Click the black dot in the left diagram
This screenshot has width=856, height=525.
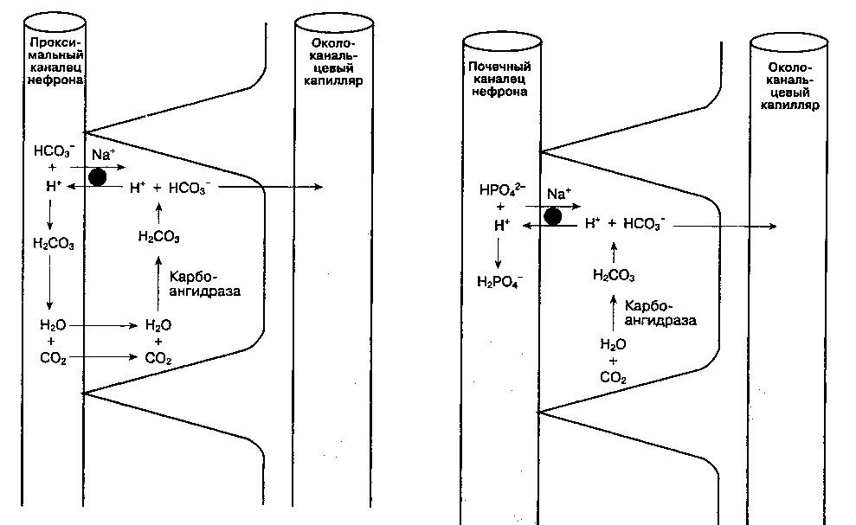click(98, 177)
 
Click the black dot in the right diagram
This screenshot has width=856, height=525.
click(551, 215)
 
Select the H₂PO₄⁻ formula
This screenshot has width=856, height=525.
click(498, 280)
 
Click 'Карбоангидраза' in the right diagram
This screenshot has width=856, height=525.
click(661, 313)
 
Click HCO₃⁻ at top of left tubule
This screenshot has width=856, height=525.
click(50, 150)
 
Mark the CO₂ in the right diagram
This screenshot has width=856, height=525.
click(614, 377)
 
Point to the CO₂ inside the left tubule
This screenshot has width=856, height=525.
click(52, 357)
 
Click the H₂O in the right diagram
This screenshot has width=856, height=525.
click(613, 344)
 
